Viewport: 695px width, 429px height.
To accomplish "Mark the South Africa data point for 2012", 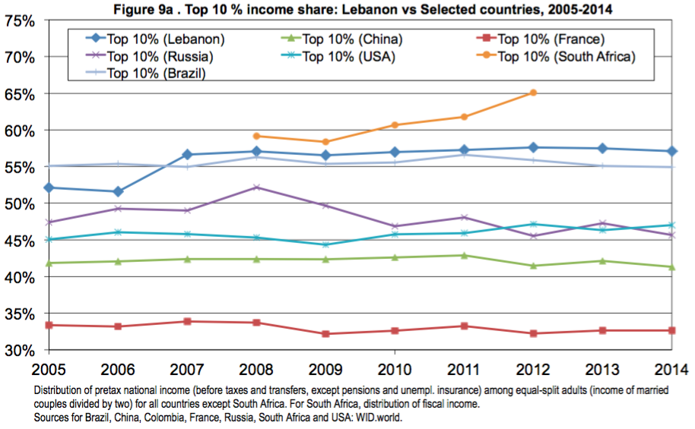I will coord(533,93).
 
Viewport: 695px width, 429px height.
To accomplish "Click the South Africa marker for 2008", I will coord(256,136).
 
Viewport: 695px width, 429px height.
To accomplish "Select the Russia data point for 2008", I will coord(256,187).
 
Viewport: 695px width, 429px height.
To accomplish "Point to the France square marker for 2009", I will coord(325,334).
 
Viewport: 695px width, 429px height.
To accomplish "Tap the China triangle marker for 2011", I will coord(464,255).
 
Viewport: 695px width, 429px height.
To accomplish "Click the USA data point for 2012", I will coord(533,224).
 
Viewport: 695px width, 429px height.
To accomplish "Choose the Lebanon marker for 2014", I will coord(671,151).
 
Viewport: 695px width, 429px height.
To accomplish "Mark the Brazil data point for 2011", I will coord(464,154).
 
